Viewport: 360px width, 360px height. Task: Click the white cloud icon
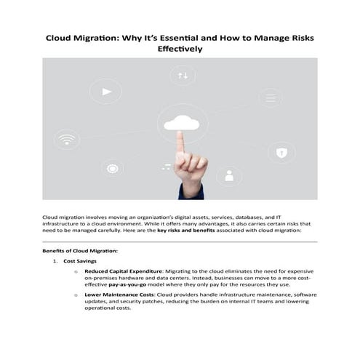pos(181,121)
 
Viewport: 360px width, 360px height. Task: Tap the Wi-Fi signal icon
pos(67,139)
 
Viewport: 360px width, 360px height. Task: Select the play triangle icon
pos(106,92)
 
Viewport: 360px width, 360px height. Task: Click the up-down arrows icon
pos(183,75)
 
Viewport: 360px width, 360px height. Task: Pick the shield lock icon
pos(281,152)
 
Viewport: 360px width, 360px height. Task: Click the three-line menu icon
pos(167,166)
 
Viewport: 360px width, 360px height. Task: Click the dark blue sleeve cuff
pos(191,192)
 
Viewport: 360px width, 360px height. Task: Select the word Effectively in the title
pos(180,49)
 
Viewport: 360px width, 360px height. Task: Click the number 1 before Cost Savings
pos(55,260)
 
